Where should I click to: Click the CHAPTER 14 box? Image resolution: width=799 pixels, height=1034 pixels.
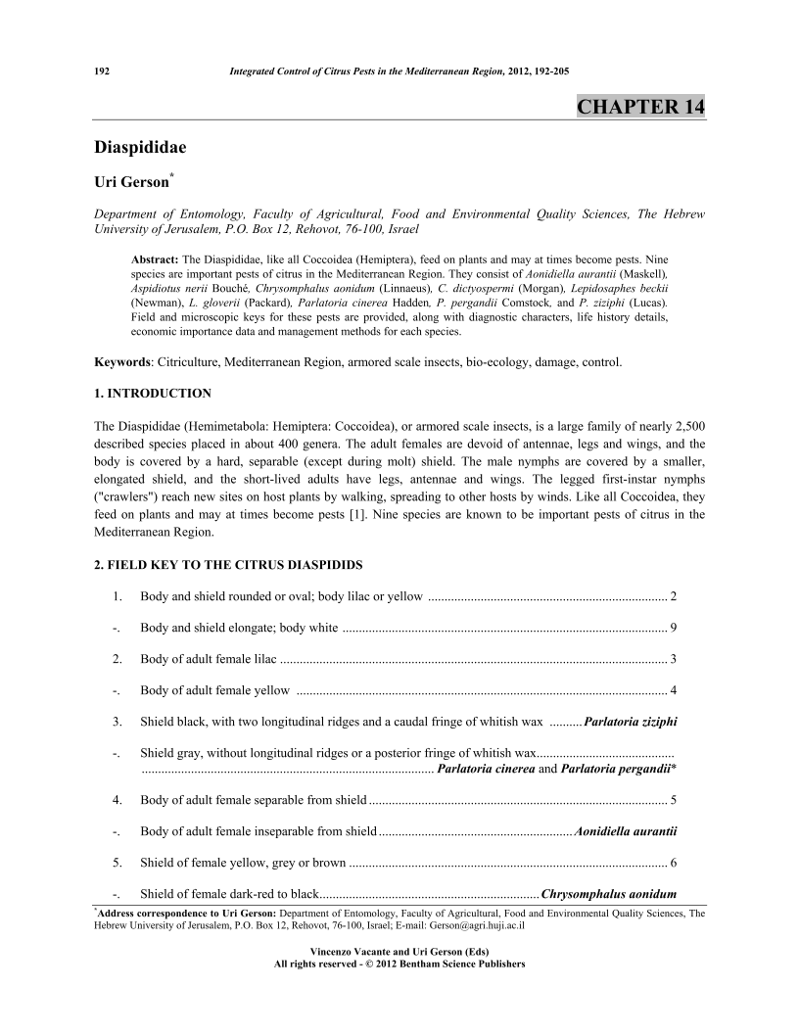[x=640, y=106]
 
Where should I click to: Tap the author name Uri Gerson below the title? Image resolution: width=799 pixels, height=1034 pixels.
[x=135, y=182]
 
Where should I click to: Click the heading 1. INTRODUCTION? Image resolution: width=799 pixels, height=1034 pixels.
[x=152, y=394]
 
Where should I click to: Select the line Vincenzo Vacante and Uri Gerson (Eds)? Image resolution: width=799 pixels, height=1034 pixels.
[x=399, y=952]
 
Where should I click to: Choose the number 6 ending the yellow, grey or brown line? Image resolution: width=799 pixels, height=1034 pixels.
[x=673, y=863]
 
